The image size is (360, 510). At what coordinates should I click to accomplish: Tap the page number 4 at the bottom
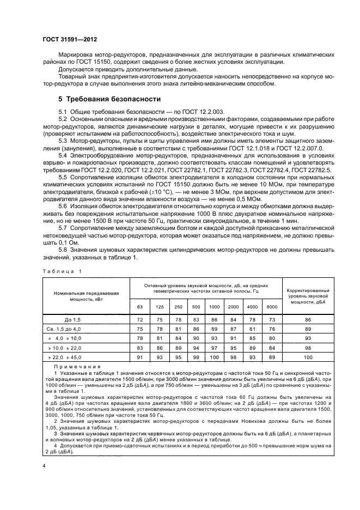point(44,465)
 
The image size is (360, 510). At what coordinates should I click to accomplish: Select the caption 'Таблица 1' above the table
point(61,270)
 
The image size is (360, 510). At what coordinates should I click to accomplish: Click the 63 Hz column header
point(139,307)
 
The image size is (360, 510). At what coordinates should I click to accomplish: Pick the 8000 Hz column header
point(271,307)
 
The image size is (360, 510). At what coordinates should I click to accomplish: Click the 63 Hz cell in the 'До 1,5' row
point(139,319)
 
